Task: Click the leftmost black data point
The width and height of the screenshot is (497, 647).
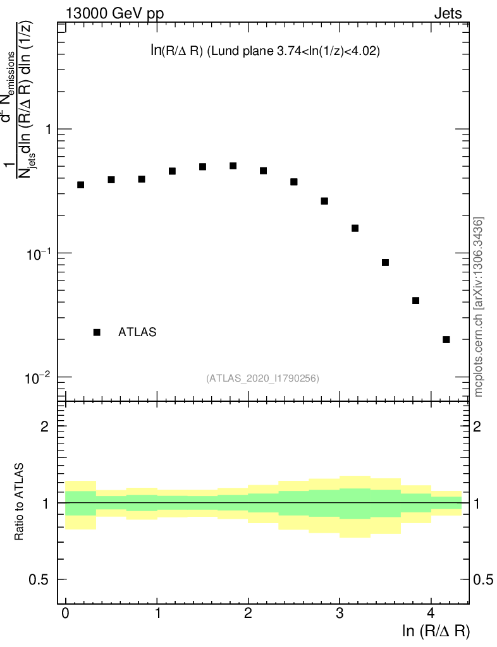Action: point(80,184)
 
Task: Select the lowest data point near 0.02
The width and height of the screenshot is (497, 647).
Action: point(446,339)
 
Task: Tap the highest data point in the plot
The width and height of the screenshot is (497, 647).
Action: point(233,166)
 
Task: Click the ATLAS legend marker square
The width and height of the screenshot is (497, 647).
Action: point(97,332)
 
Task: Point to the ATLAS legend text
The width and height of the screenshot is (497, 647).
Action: point(137,332)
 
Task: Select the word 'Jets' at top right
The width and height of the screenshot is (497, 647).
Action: point(447,13)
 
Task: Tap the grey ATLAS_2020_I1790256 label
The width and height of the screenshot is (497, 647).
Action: point(262,378)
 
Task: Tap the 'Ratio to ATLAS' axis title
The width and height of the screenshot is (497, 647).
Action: point(20,502)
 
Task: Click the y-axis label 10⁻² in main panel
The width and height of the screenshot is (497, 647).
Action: point(37,377)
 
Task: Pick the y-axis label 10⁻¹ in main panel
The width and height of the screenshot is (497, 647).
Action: point(37,253)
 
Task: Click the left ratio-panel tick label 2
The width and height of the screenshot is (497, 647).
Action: point(45,426)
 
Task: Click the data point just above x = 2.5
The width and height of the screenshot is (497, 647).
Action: point(293,181)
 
